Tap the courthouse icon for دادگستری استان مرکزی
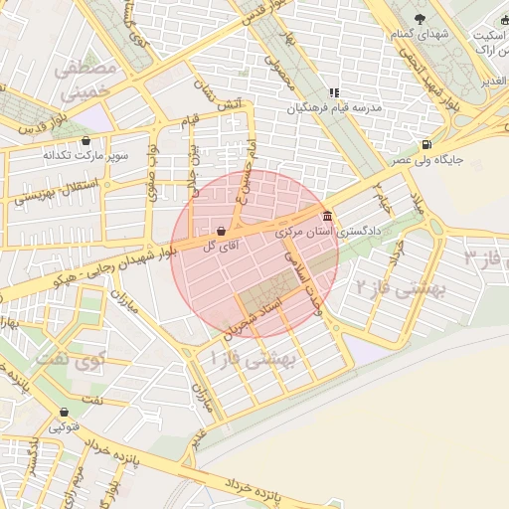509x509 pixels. [327, 217]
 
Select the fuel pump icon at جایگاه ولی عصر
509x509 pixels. [426, 143]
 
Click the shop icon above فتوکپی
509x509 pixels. [65, 412]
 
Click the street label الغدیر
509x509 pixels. [493, 80]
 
